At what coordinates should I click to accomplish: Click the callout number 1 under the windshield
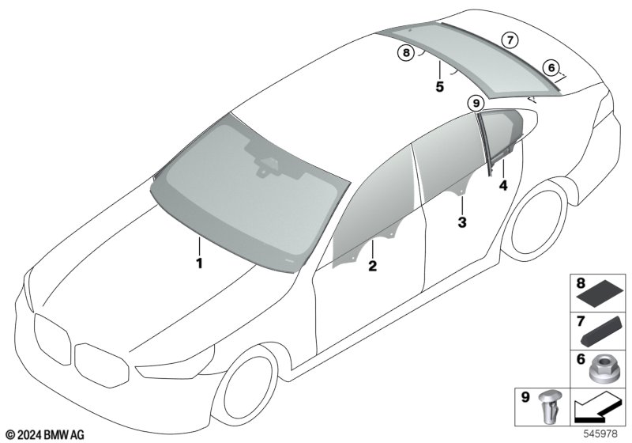coord(199,263)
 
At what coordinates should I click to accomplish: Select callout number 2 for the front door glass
coord(372,266)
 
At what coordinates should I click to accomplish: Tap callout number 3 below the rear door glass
coord(462,222)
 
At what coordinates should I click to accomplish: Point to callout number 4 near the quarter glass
coord(503,186)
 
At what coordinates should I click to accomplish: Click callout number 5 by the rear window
coord(439,86)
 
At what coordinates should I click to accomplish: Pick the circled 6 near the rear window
coord(551,68)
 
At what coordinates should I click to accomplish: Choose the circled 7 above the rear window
coord(510,40)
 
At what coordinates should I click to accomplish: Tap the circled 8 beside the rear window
coord(406,53)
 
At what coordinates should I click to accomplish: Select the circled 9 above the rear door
coord(476,104)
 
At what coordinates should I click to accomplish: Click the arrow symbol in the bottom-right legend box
coord(597,407)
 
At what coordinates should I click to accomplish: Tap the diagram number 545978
coord(600,434)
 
